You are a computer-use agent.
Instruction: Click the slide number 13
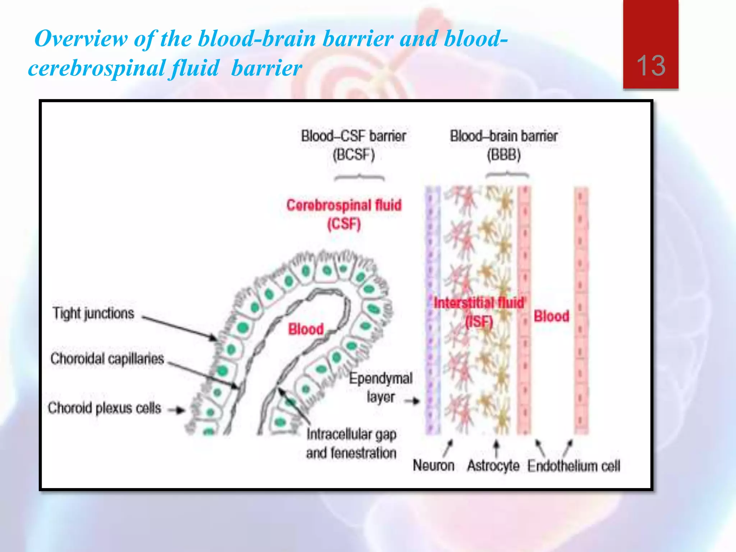(651, 65)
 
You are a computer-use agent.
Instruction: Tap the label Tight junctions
(93, 313)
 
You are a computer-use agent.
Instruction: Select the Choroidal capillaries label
(107, 359)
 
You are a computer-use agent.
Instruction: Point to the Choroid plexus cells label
(104, 408)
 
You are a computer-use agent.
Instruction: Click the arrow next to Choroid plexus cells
(177, 410)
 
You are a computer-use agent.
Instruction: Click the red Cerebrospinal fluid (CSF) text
(344, 215)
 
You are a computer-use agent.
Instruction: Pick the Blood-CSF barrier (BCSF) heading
(354, 146)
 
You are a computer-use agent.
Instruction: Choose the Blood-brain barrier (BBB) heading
(503, 146)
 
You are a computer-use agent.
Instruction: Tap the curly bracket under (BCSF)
(359, 177)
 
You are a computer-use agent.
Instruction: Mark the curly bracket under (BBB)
(507, 175)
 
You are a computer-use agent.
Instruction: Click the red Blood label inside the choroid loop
(306, 329)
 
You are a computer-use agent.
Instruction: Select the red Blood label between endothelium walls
(551, 316)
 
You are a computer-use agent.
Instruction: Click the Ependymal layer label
(381, 387)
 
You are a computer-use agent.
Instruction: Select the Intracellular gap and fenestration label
(351, 443)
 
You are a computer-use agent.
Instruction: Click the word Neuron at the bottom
(433, 465)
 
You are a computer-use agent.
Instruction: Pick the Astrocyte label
(493, 466)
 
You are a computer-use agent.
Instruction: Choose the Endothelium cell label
(574, 466)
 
